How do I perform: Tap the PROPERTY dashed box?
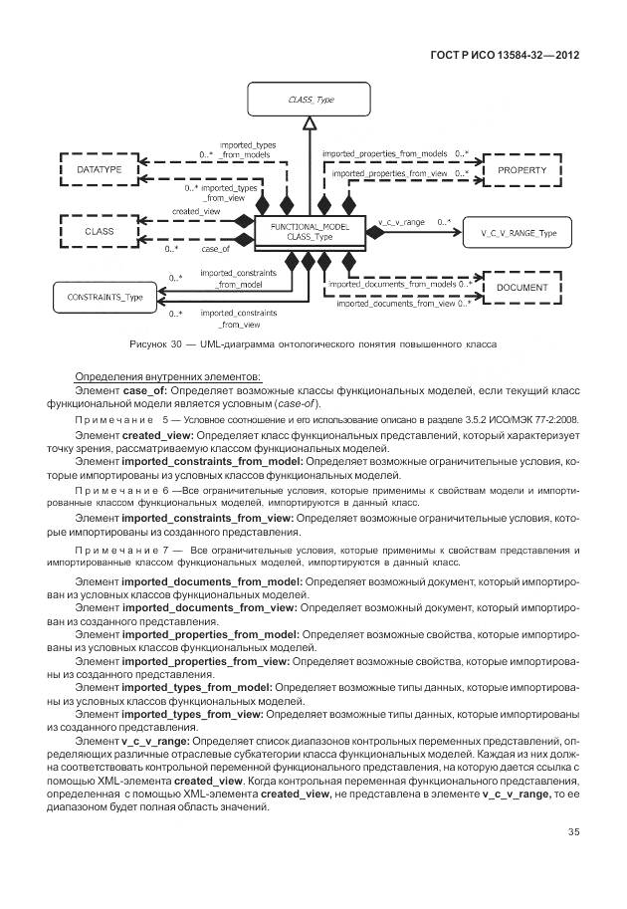point(522,170)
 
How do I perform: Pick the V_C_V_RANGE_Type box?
point(512,233)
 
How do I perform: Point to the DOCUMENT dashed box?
point(522,287)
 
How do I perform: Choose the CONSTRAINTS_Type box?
point(104,297)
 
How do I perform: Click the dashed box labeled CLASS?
point(100,231)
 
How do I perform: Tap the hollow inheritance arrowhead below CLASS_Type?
point(311,124)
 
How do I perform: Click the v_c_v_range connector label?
point(401,221)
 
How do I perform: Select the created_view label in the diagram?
point(196,212)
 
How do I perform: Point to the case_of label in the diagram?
point(216,249)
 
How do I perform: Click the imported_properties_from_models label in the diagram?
point(384,154)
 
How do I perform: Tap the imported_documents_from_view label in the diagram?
point(395,304)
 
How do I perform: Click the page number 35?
point(573,832)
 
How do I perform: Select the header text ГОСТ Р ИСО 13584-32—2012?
point(503,55)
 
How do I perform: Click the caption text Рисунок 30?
point(160,344)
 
